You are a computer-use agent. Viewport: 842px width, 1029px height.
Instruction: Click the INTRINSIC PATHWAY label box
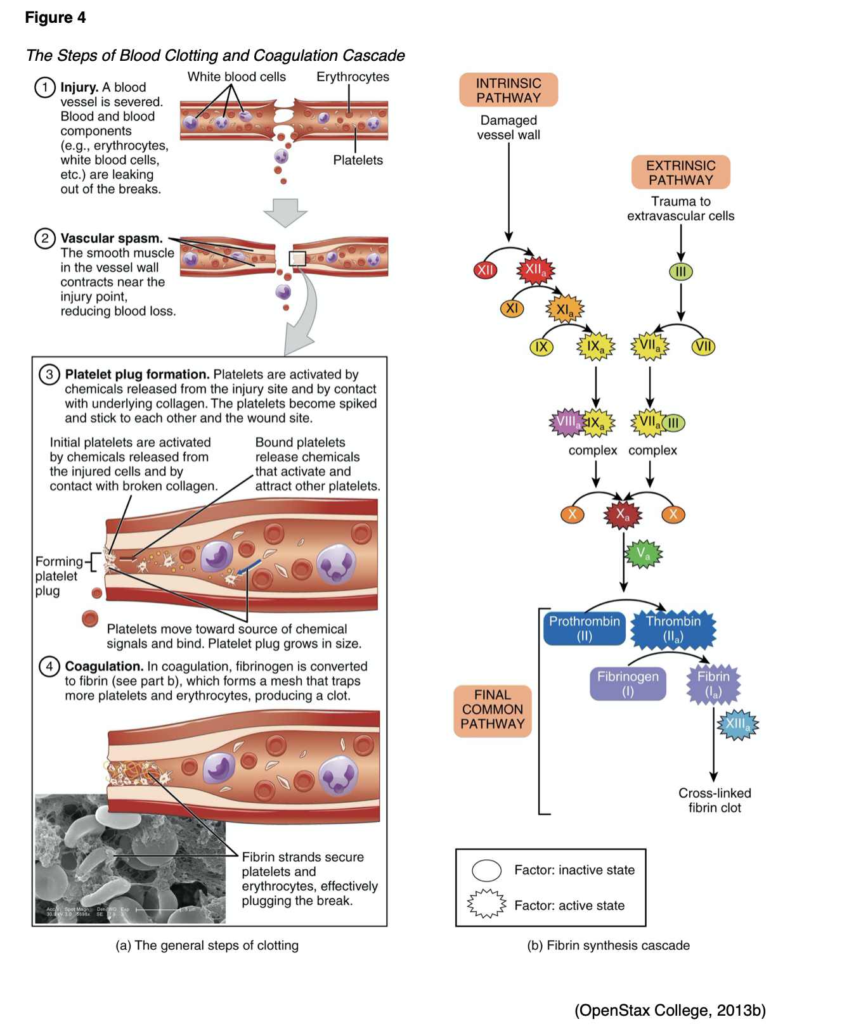coord(508,90)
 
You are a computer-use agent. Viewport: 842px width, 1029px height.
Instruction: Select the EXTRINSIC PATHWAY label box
coord(680,172)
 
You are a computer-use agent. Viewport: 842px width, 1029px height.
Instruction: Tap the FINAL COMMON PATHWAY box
coord(492,710)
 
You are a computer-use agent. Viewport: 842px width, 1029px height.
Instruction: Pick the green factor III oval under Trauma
coord(680,272)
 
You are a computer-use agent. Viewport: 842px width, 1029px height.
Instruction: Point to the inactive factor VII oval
coord(703,347)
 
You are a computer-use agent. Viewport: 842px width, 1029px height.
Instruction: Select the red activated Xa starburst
coord(623,514)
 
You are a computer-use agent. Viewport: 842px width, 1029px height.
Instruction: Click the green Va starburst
coord(644,554)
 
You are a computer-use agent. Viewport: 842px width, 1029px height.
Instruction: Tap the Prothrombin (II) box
coord(584,629)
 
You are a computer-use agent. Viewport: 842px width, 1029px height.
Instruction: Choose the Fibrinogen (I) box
coord(627,683)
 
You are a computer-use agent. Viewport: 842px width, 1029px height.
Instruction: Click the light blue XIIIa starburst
coord(737,724)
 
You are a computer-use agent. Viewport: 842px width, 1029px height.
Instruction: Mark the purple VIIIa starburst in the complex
coord(566,422)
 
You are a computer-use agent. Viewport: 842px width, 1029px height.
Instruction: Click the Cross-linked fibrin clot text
coord(715,800)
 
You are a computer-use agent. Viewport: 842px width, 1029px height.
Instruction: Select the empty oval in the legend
coord(486,871)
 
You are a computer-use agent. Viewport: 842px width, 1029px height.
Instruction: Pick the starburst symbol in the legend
coord(486,905)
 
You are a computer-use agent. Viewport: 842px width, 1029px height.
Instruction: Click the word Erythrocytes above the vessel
coord(353,77)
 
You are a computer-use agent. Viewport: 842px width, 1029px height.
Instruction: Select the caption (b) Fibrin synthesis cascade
coord(608,945)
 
